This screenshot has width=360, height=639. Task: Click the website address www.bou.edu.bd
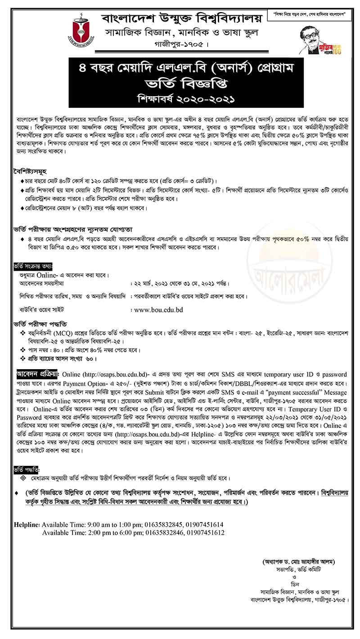158,309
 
